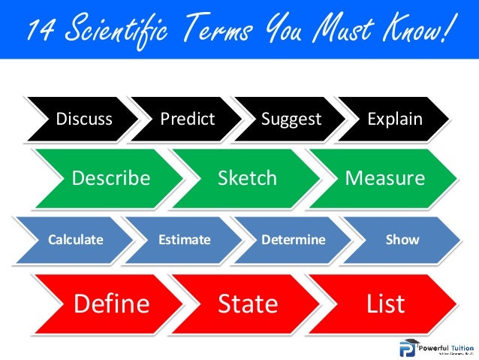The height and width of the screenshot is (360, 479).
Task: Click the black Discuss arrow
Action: click(84, 119)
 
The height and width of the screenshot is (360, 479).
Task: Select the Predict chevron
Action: click(187, 119)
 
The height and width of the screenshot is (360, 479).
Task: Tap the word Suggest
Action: click(291, 119)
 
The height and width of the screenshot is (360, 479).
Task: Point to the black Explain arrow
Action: click(394, 119)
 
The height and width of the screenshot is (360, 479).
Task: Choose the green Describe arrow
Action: click(110, 178)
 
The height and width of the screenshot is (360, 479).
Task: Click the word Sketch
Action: click(247, 178)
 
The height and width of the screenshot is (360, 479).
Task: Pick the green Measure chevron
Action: click(384, 178)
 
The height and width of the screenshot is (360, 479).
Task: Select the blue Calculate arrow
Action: click(75, 240)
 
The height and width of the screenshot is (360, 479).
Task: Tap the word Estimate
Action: click(184, 240)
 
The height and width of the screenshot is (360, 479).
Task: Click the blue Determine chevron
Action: click(293, 240)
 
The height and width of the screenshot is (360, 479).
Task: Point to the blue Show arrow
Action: click(402, 240)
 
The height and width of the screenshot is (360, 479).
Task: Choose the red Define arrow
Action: click(111, 304)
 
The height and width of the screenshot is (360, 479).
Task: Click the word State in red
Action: click(248, 304)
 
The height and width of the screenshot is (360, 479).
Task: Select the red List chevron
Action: click(385, 304)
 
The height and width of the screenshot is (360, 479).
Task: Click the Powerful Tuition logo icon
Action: click(408, 348)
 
